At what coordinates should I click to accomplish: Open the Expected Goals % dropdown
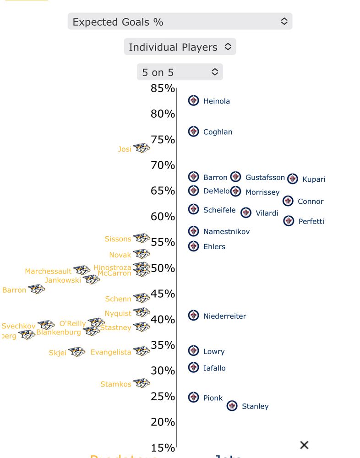[180, 22]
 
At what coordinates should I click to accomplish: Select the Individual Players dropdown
[180, 47]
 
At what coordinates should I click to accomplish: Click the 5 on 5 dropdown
[180, 72]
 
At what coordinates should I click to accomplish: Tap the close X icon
[304, 445]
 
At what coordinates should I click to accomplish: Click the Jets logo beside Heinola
[194, 101]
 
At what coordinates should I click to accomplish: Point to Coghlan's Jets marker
[194, 131]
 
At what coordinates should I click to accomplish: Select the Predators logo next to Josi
[142, 148]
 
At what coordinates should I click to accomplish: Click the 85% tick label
[163, 88]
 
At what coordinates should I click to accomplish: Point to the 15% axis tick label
[163, 447]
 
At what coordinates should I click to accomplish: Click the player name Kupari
[314, 179]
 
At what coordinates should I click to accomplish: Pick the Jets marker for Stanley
[232, 406]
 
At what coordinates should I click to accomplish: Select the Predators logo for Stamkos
[142, 383]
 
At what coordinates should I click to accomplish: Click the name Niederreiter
[224, 316]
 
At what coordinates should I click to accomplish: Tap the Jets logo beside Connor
[288, 201]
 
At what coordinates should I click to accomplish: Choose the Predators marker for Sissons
[142, 239]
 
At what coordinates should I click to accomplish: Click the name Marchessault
[48, 271]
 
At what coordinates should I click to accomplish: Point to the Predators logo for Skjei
[77, 352]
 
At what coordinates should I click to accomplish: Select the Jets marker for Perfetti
[289, 221]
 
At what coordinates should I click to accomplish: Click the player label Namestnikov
[226, 232]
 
